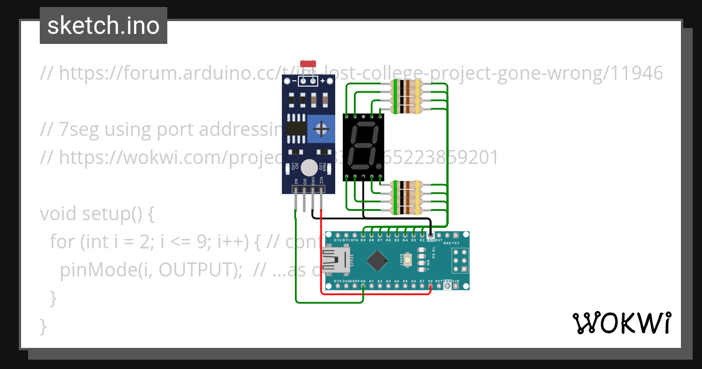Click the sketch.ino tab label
point(104,26)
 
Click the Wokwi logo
point(622,323)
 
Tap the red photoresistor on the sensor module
point(308,63)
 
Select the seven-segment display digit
point(363,146)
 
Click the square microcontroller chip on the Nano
point(378,260)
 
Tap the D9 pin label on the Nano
point(363,240)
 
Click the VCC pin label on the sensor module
point(321,180)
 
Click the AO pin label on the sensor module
point(296,181)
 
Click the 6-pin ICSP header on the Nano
point(459,260)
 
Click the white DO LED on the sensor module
point(308,168)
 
